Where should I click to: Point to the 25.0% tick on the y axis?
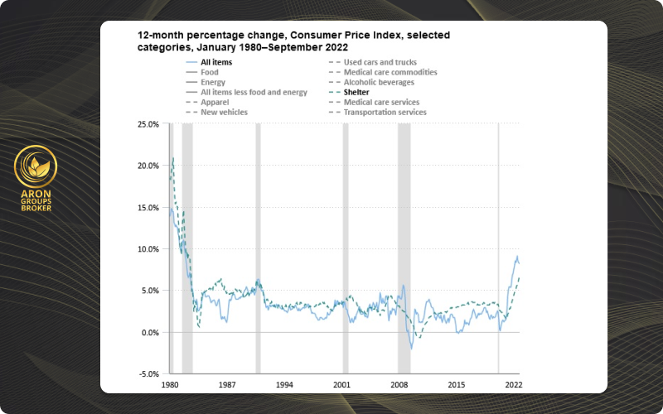tap(148, 124)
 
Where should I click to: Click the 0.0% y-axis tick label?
tap(149, 333)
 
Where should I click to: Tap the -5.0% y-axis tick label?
tap(148, 374)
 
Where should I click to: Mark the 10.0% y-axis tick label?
tap(148, 249)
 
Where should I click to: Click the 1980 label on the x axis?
tap(170, 386)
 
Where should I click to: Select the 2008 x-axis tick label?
tap(399, 386)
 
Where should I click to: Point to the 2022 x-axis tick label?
tap(514, 386)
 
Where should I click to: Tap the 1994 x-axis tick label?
tap(284, 386)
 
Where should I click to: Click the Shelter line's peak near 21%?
tap(172, 158)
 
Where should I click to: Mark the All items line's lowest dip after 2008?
tap(412, 349)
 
